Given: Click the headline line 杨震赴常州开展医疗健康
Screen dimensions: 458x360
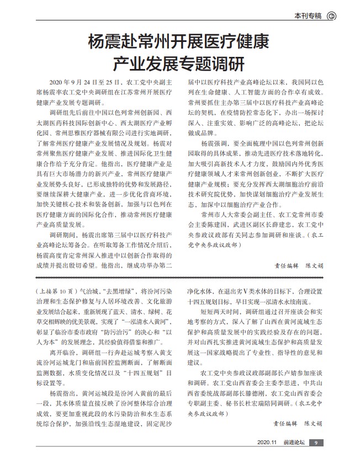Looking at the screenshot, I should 179,41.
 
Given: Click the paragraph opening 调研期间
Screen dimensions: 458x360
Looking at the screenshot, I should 61,236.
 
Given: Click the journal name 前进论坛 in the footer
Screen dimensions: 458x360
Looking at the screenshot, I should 294,443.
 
